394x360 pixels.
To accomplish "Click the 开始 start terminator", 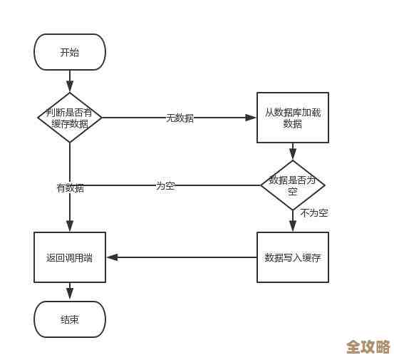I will coord(70,51).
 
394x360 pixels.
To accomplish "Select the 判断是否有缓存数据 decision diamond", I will coord(70,117).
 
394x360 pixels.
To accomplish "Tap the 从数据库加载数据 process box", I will coord(292,117).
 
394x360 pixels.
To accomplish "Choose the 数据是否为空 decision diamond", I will coord(292,185).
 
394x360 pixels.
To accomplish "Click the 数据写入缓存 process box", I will coord(292,257).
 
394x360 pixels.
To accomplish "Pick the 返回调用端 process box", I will coord(70,257).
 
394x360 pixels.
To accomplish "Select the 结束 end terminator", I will coord(70,319).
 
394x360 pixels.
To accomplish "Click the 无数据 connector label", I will coord(180,118).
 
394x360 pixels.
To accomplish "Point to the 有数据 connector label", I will coord(70,188).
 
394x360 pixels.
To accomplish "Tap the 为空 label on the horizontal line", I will coord(165,185).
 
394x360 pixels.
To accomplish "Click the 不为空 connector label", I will coord(313,212).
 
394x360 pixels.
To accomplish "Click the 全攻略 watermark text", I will coord(368,346).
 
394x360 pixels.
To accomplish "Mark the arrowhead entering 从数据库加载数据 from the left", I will coord(252,117).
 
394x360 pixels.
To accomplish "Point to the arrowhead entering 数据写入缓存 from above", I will coord(292,227).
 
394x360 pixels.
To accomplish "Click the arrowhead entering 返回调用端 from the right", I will coord(110,257).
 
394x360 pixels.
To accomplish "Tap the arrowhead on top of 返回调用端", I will coord(70,227).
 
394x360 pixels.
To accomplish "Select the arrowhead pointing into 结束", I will coord(70,296).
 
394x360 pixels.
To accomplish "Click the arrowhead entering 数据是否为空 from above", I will coord(292,155).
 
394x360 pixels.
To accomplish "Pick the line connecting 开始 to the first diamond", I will coord(70,81).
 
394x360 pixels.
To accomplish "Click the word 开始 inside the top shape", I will coord(70,51).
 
